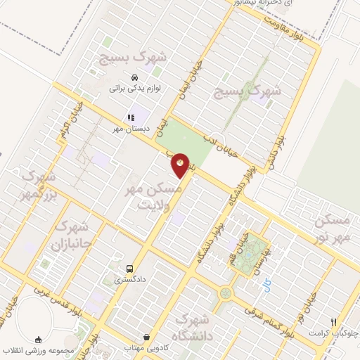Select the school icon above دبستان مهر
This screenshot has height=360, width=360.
130,117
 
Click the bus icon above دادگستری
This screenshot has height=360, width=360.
129,268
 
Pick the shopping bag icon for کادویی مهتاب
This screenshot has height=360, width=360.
146,337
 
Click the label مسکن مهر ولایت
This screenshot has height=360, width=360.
157,198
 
